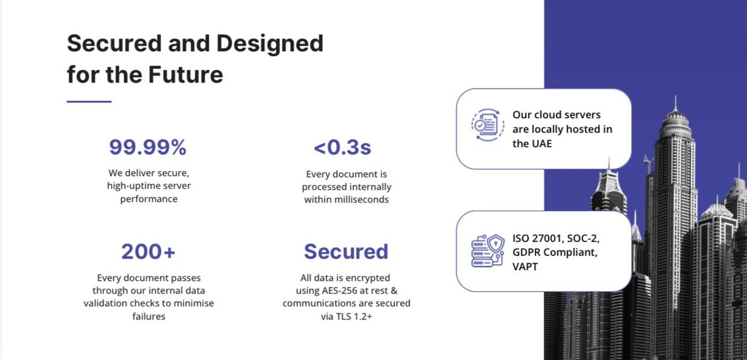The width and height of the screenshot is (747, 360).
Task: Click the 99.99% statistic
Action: pos(148,147)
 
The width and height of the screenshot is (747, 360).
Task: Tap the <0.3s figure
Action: pos(343,147)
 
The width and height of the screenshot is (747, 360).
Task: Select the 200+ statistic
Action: pos(148,251)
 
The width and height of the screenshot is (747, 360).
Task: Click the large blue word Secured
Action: pos(346,251)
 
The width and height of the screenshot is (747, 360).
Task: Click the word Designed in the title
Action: pos(270,43)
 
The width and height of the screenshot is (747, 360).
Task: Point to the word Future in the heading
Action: pos(185,74)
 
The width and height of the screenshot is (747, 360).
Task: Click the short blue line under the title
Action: pos(89,101)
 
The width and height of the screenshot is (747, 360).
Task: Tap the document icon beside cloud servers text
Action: pos(488,125)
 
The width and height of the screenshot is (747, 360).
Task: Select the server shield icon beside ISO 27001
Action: pos(488,251)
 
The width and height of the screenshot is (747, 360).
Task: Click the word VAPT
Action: pos(525,267)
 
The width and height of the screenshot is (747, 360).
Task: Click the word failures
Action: pos(148,317)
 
